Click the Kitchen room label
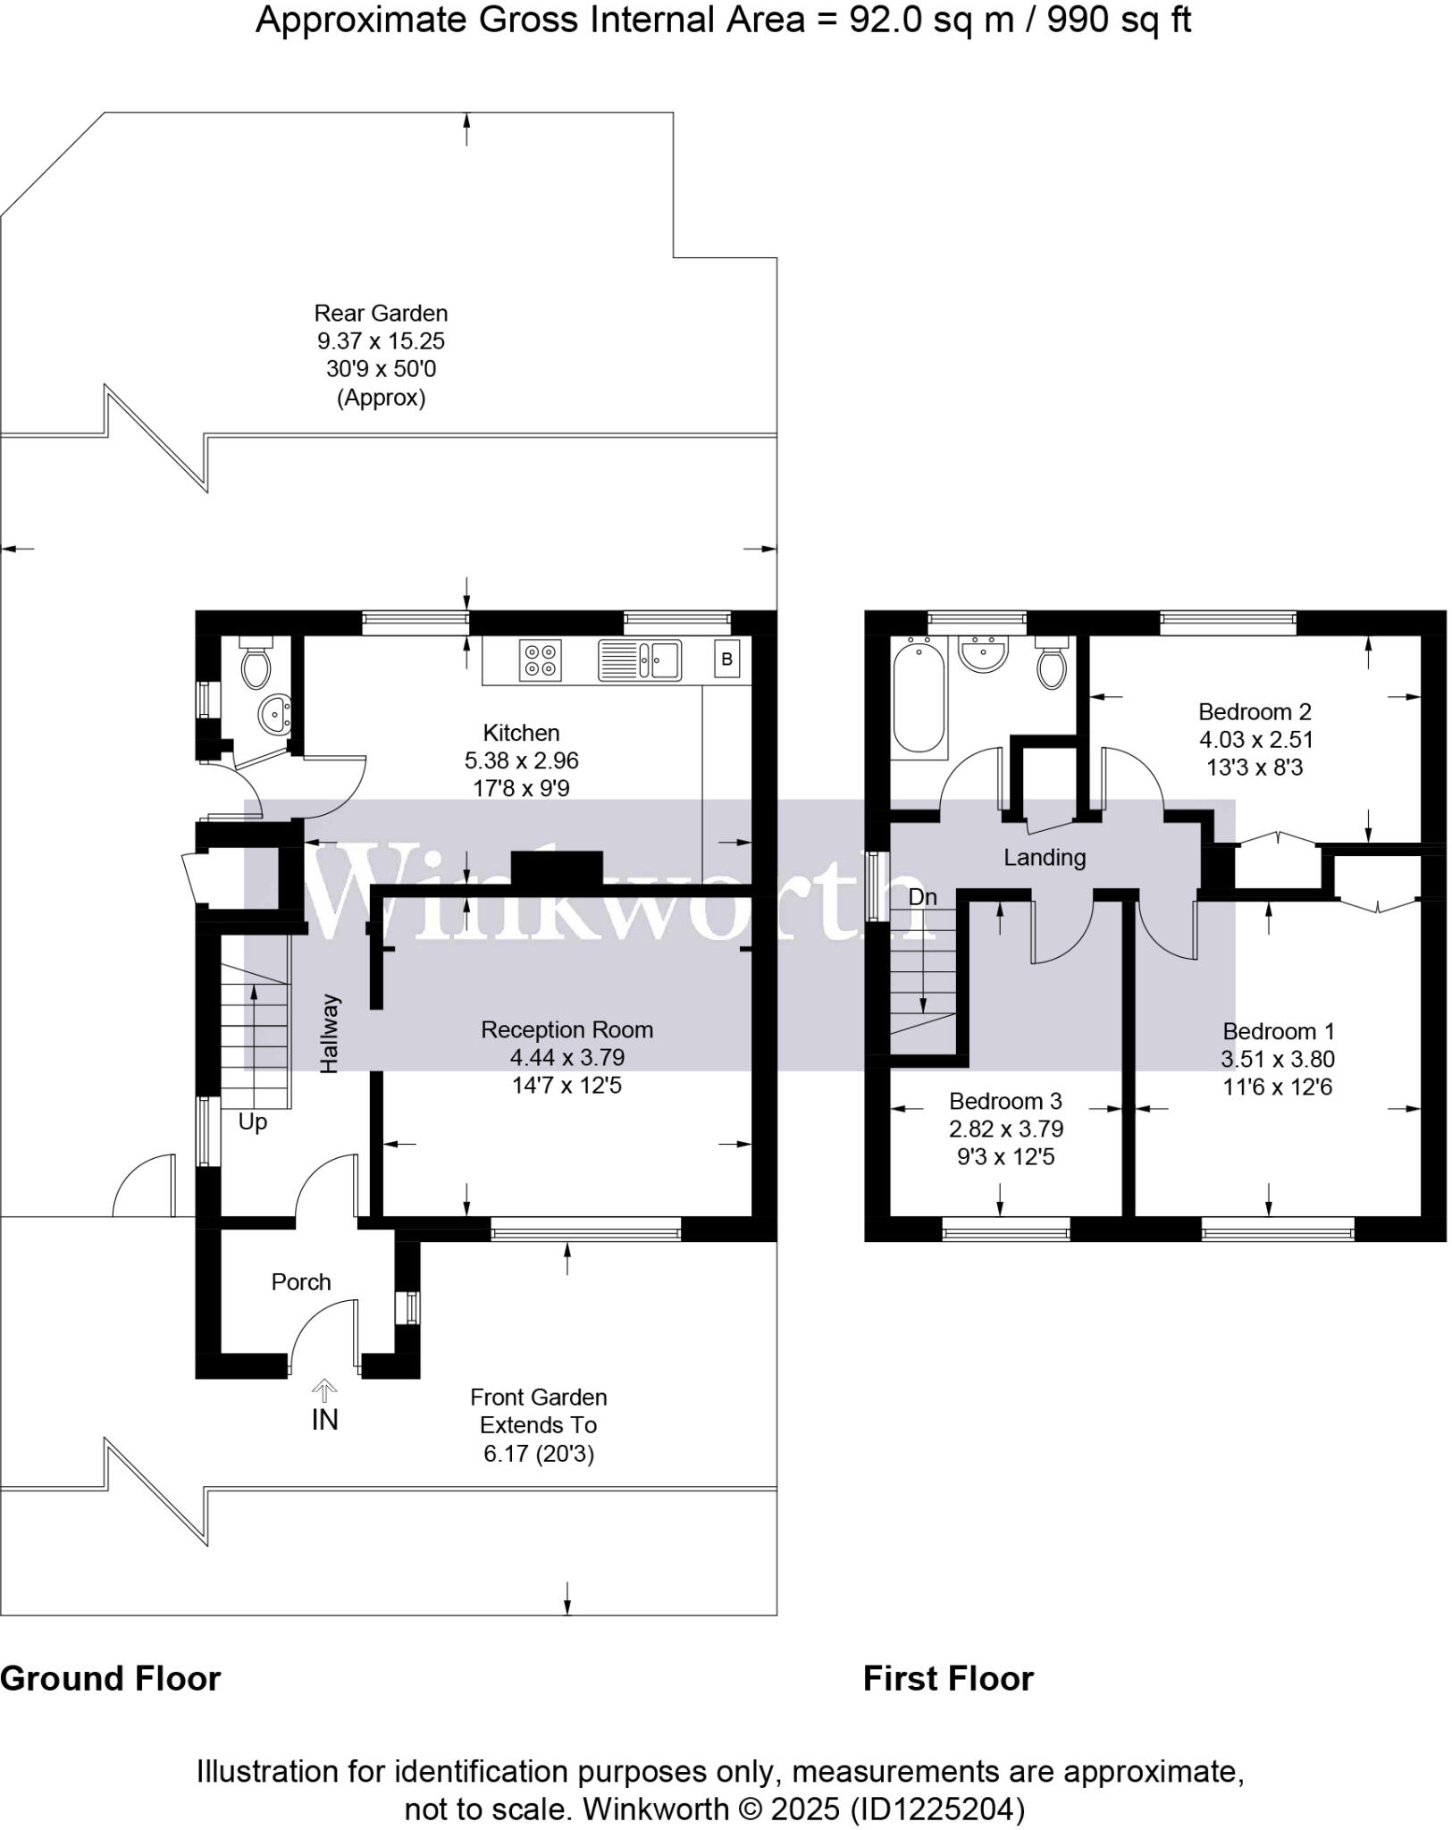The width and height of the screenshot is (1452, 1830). (521, 733)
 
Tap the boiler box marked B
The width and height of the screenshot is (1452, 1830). (726, 659)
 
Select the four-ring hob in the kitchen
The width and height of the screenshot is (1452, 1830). (540, 659)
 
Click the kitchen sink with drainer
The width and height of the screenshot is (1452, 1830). (640, 659)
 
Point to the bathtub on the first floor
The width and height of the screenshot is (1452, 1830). (919, 694)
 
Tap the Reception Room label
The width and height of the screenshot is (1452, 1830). (567, 1029)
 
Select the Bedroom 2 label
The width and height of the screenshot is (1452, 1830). (1254, 711)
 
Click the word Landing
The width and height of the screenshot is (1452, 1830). (1044, 858)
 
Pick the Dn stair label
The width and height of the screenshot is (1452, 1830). (922, 896)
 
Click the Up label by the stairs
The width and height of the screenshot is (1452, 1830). (252, 1121)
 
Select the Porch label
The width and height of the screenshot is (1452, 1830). (300, 1281)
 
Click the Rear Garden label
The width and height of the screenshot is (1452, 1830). (381, 313)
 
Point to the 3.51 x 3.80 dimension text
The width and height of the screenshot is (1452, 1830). (1277, 1059)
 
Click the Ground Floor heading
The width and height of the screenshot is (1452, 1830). (110, 1678)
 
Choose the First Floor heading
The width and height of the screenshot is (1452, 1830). (947, 1678)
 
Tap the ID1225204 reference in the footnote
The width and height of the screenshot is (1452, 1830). (937, 1809)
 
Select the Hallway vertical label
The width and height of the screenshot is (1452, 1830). (330, 1033)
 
